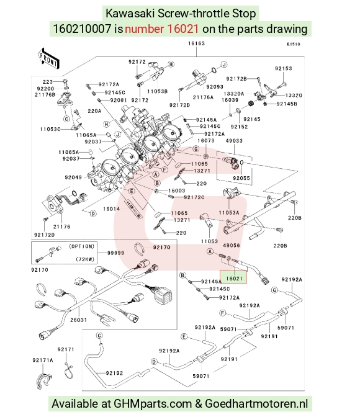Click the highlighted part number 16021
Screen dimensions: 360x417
[x=234, y=279]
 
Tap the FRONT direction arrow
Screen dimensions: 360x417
[x=48, y=59]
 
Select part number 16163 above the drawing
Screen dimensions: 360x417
[x=196, y=43]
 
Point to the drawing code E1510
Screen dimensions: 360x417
[x=294, y=45]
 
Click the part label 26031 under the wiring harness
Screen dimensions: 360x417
[x=78, y=320]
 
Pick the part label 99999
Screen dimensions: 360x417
[x=115, y=253]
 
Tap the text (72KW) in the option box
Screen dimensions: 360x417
[x=85, y=259]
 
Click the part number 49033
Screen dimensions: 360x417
[x=234, y=141]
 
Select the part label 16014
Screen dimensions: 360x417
[x=112, y=209]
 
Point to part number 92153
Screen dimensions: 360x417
[x=284, y=69]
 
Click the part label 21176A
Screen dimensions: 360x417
[x=203, y=97]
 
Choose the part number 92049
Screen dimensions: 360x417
[x=73, y=177]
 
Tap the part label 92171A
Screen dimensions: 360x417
[x=43, y=360]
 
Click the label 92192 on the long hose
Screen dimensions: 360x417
[x=114, y=373]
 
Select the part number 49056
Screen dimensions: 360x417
[x=232, y=245]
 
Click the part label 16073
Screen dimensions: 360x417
[x=206, y=141]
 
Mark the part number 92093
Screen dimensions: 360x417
[x=215, y=87]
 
